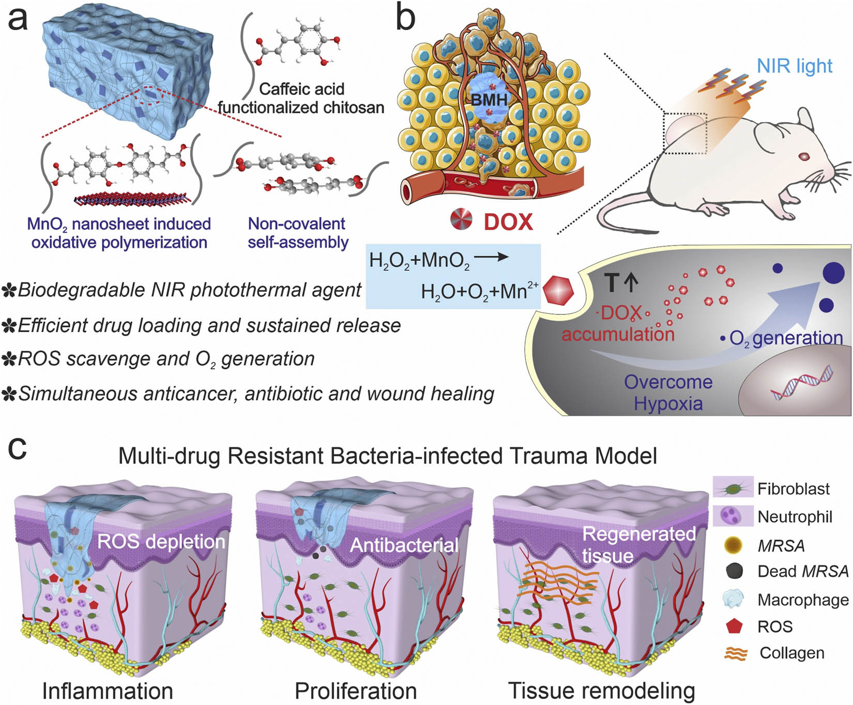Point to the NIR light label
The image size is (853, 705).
tap(794, 66)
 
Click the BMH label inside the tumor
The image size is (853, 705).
tap(489, 100)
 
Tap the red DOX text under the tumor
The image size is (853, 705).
tap(508, 222)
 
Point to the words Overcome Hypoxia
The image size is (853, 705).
tap(668, 393)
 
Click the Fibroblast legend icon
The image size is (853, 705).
tap(733, 488)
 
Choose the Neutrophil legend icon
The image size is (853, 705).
tap(733, 515)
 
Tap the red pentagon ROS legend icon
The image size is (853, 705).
tap(734, 626)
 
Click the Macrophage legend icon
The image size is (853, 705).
tap(734, 599)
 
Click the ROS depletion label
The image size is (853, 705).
tap(161, 541)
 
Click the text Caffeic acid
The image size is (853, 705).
tap(301, 89)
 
